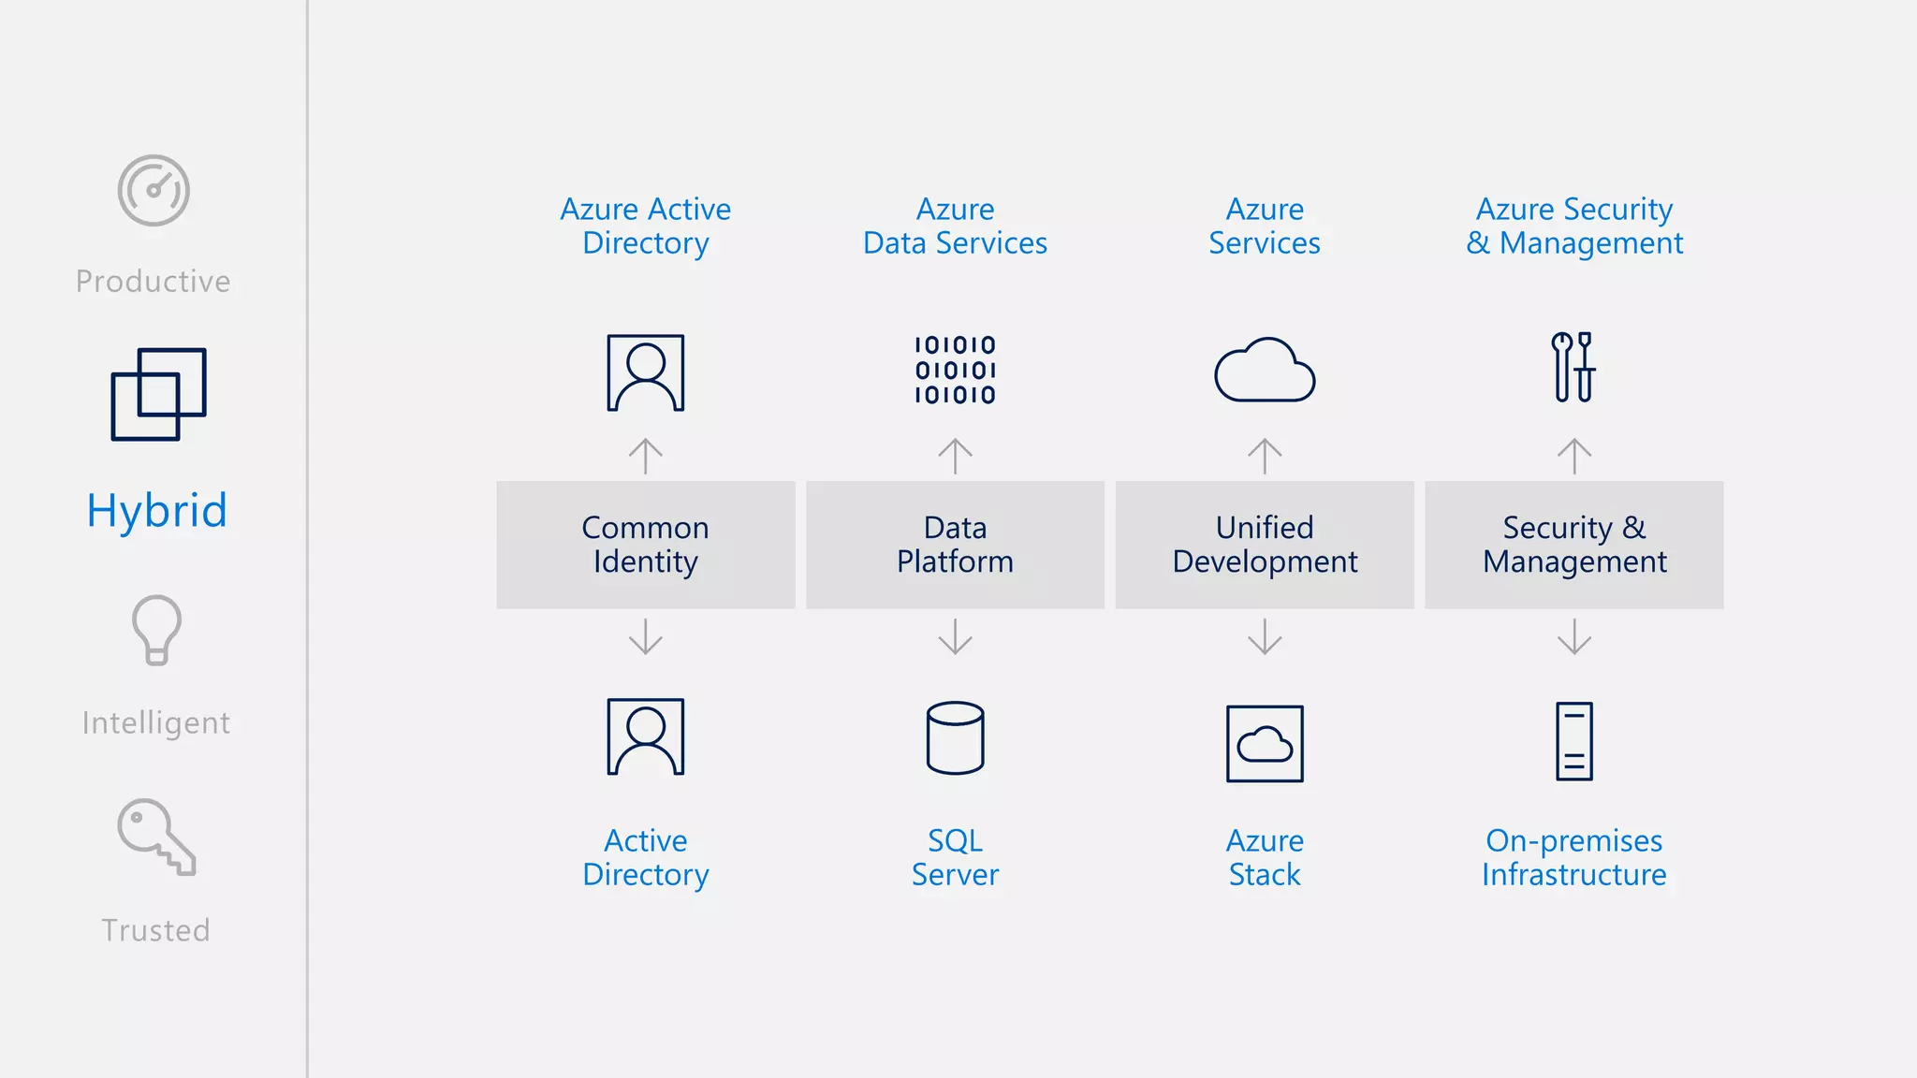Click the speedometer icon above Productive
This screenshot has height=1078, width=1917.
(x=154, y=190)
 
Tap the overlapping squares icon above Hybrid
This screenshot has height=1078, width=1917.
(x=158, y=394)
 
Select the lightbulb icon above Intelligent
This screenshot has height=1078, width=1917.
(x=156, y=630)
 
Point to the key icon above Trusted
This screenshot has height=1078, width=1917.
(x=156, y=837)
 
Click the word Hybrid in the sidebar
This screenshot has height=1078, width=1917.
(x=157, y=511)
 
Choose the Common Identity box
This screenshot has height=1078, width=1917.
(x=646, y=545)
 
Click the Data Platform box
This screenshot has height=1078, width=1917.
(x=955, y=545)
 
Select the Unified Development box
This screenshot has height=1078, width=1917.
(x=1265, y=545)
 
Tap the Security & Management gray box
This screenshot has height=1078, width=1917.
(x=1574, y=545)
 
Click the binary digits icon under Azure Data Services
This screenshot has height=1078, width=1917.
(x=955, y=371)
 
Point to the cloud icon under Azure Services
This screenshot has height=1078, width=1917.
(x=1265, y=371)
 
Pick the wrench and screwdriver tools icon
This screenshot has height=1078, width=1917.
(x=1573, y=367)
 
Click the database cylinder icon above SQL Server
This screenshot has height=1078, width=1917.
(x=955, y=738)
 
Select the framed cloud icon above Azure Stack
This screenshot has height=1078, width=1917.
(x=1265, y=744)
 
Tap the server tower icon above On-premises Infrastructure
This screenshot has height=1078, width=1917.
(x=1574, y=741)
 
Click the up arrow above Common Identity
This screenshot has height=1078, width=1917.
(x=646, y=456)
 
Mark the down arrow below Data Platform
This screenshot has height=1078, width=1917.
(x=955, y=636)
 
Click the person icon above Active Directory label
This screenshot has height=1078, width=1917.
(x=646, y=736)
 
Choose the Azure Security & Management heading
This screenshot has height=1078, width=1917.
(x=1574, y=226)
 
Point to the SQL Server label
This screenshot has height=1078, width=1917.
(x=955, y=857)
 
